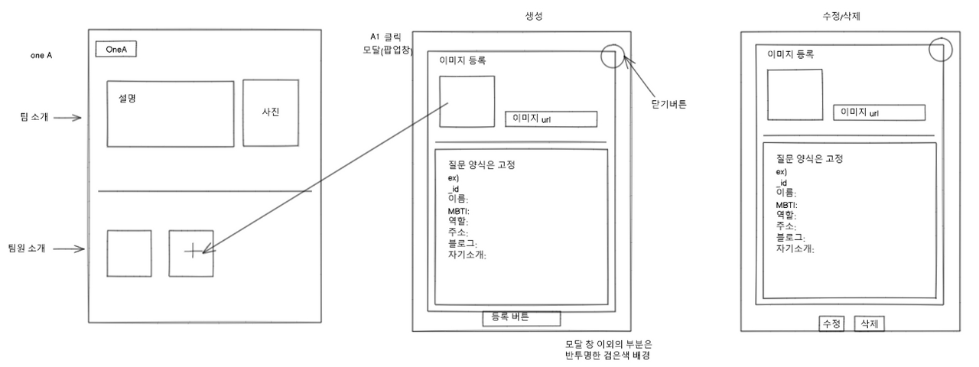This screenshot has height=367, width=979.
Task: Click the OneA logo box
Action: (x=116, y=49)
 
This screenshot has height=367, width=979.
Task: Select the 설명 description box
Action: (x=171, y=113)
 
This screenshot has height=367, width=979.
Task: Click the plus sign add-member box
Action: (x=191, y=252)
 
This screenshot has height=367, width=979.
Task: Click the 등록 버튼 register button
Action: (x=521, y=317)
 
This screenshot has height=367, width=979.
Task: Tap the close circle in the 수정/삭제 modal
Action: (x=942, y=50)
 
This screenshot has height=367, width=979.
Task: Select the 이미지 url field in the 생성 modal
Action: (x=551, y=119)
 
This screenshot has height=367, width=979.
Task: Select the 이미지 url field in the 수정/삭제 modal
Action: (x=879, y=112)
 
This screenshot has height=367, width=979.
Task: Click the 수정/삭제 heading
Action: (x=846, y=16)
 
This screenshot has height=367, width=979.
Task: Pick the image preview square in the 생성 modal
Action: (x=467, y=101)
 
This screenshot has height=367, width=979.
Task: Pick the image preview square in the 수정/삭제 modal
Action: (x=795, y=94)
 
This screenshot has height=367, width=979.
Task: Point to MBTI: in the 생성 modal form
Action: (x=458, y=211)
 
